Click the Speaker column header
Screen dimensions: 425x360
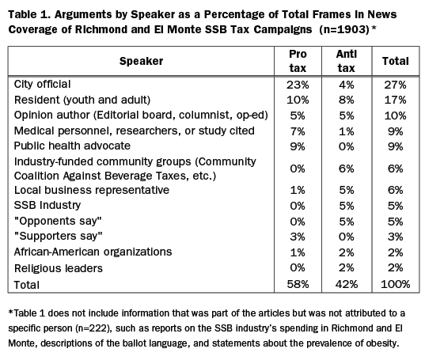[x=141, y=61]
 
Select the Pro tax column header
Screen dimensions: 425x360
[x=298, y=61]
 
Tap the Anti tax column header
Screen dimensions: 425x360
[x=347, y=61]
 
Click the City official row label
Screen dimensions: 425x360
[x=42, y=84]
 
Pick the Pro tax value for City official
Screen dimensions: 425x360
[x=298, y=85]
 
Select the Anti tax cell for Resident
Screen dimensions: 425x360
[x=347, y=100]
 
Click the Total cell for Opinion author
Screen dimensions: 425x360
[x=395, y=116]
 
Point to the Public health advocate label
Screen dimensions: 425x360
[x=72, y=146]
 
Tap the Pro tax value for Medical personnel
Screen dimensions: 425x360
[x=298, y=131]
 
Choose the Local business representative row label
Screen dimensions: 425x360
[x=92, y=190]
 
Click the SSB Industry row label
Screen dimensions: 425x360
[x=47, y=205]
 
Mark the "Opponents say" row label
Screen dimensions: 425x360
[x=58, y=221]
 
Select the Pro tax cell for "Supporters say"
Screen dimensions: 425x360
[x=298, y=237]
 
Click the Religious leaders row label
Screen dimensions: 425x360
[x=59, y=268]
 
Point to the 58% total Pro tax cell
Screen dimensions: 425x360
[x=298, y=284]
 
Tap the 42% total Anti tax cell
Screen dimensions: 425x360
[x=347, y=284]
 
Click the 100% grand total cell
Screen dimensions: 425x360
[x=395, y=284]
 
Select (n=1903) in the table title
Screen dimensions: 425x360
[x=344, y=29]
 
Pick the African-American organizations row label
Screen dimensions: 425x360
[x=93, y=252]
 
